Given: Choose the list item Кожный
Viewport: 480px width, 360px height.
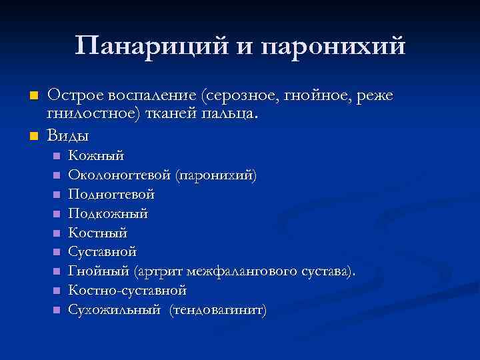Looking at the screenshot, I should coord(97,155).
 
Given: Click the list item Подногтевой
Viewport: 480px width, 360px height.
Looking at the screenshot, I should coord(111,194).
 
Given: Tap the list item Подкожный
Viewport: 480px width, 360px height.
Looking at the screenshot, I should coord(108,213).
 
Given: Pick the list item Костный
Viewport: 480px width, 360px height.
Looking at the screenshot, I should coord(98,233).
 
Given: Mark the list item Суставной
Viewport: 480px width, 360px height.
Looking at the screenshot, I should coord(103,252).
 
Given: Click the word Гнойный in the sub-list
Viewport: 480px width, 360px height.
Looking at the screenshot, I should coord(99,271).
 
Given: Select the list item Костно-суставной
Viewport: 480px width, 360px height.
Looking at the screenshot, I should coord(127,291).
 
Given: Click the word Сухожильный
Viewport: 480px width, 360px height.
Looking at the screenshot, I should coord(115,310).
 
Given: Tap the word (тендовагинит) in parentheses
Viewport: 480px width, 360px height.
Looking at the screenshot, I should coord(218,310).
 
